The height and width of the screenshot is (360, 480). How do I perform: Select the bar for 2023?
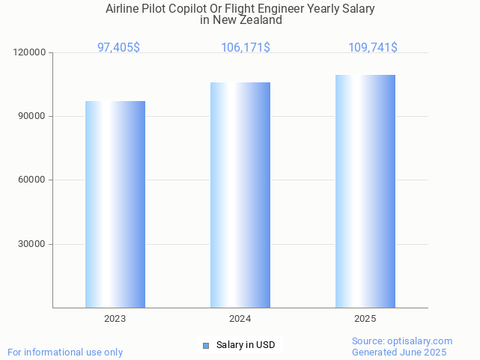tap(115, 204)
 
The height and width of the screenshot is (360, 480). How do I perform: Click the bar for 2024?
tap(240, 195)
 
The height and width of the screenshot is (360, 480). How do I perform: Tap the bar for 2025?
tap(365, 191)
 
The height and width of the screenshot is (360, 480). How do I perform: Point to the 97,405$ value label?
tap(118, 48)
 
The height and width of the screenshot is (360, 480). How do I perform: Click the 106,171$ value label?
tap(246, 48)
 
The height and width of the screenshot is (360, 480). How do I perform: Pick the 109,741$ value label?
tap(373, 48)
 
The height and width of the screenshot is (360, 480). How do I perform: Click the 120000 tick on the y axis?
tap(30, 52)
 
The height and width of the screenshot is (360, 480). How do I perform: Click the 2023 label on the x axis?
tap(115, 319)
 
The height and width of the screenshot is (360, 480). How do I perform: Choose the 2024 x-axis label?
tap(240, 319)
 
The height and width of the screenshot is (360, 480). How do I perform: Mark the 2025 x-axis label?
tap(365, 319)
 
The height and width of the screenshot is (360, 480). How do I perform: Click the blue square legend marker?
tap(206, 345)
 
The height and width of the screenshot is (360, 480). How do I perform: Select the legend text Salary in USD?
tap(246, 345)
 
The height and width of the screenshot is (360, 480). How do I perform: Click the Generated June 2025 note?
tap(399, 353)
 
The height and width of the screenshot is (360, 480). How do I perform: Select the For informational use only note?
tap(65, 353)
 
